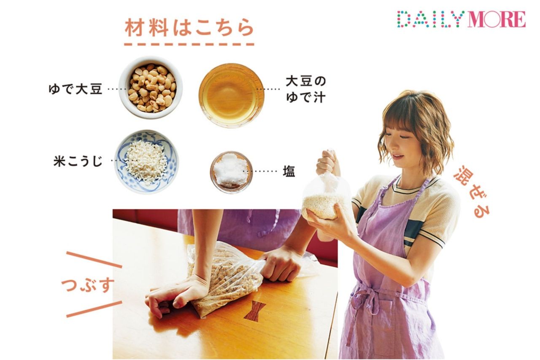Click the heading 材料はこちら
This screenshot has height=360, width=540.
click(x=189, y=28)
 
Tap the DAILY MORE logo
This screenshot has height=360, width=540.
click(x=461, y=19)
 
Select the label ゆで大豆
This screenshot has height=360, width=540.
click(x=76, y=89)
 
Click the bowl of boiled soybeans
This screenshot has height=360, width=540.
click(x=151, y=88)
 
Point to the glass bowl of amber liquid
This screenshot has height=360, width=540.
click(x=232, y=95)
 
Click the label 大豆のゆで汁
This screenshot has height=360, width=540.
click(x=306, y=90)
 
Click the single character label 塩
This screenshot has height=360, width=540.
click(x=289, y=172)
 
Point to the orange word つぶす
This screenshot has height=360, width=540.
click(x=88, y=285)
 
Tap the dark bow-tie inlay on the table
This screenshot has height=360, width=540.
click(x=255, y=311)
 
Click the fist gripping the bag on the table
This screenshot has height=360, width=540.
click(x=281, y=263)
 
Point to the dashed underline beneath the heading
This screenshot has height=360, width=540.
click(x=189, y=44)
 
